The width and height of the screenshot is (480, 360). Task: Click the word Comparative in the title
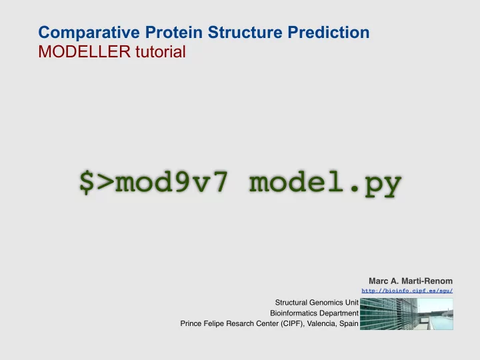click(89, 33)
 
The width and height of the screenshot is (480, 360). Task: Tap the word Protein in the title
click(173, 32)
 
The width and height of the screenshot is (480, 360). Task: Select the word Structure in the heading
click(245, 32)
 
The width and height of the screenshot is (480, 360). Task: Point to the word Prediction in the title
click(329, 32)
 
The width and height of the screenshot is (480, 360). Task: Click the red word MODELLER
click(85, 51)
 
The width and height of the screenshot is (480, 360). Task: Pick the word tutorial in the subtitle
click(161, 51)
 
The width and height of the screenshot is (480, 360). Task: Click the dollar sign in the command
click(87, 182)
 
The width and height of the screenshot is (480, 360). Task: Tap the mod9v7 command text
click(171, 182)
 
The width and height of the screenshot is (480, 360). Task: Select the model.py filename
click(325, 183)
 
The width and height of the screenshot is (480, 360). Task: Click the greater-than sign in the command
click(105, 183)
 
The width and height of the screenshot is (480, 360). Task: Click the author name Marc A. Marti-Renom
click(411, 281)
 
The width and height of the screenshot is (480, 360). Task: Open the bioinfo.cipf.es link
click(407, 291)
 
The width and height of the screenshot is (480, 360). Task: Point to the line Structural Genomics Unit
click(317, 303)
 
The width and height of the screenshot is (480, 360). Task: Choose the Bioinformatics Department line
click(315, 313)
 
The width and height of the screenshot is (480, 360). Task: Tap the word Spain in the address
click(349, 324)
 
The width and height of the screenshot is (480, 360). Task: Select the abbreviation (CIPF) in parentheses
click(293, 324)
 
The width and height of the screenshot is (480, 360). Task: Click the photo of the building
click(407, 314)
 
